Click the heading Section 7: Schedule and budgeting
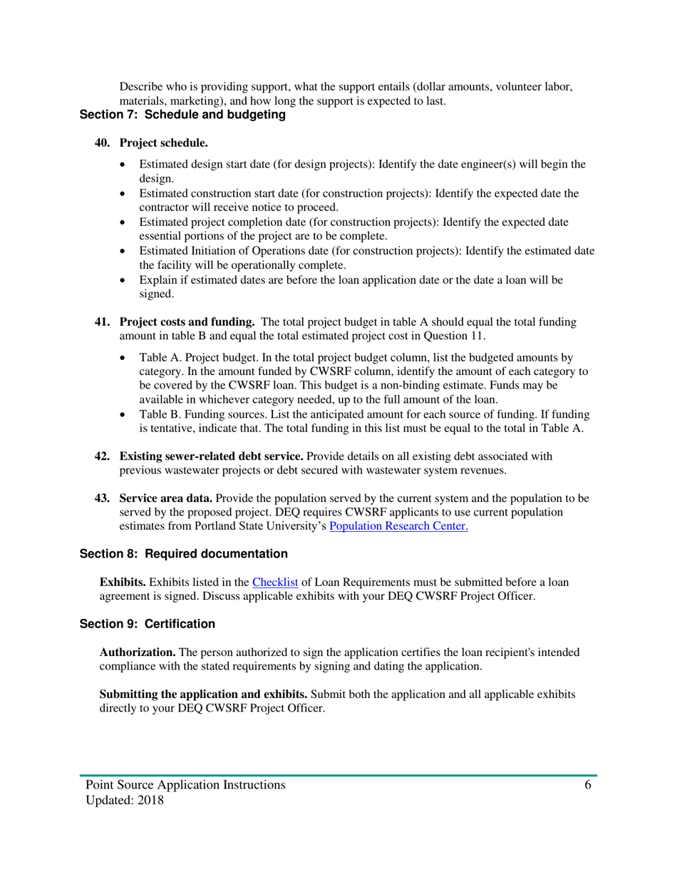coord(182,114)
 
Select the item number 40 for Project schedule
coord(103,143)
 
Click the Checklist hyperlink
coord(275,581)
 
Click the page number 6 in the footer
coord(588,785)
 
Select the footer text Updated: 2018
coord(125,801)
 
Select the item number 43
coord(103,499)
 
